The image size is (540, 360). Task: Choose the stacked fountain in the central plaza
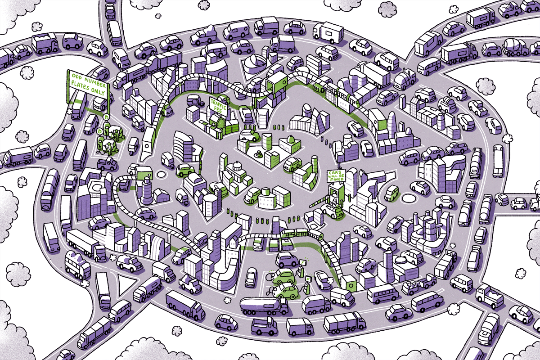[260, 154]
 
